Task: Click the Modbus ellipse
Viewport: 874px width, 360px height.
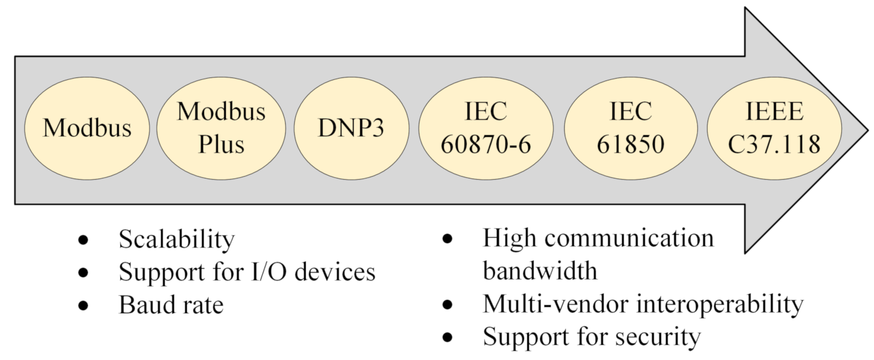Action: [87, 128]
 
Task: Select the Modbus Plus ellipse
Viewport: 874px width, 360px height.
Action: [221, 128]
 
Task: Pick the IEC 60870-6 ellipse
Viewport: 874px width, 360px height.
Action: [486, 128]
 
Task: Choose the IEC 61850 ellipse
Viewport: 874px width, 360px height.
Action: [631, 128]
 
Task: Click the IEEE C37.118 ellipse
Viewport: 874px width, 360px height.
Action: [774, 128]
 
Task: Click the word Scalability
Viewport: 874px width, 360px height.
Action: [176, 240]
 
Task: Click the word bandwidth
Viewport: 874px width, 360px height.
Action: [540, 271]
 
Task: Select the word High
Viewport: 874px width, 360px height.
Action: [508, 239]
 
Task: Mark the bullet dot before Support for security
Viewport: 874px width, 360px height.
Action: [447, 338]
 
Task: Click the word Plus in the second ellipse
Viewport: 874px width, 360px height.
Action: [221, 145]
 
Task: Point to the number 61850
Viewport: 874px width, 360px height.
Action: [631, 145]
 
